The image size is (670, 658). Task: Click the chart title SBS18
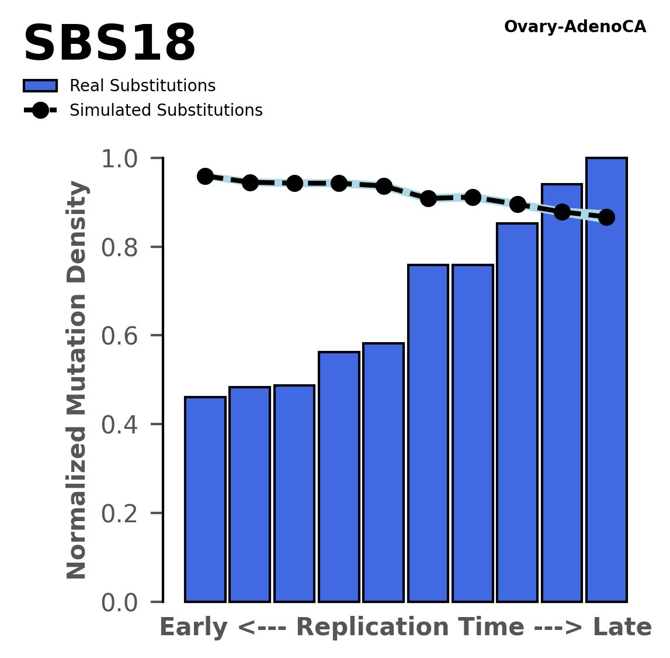click(109, 44)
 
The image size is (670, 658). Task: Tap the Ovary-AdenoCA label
click(575, 27)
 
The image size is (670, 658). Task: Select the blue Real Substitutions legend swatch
click(40, 86)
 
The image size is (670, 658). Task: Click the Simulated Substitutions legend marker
click(40, 111)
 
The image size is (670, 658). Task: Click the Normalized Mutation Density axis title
click(77, 380)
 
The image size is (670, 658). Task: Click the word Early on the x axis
click(193, 628)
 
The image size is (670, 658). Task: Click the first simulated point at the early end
click(205, 176)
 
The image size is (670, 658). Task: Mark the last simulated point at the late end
click(607, 217)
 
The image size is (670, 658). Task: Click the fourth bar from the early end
click(339, 477)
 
